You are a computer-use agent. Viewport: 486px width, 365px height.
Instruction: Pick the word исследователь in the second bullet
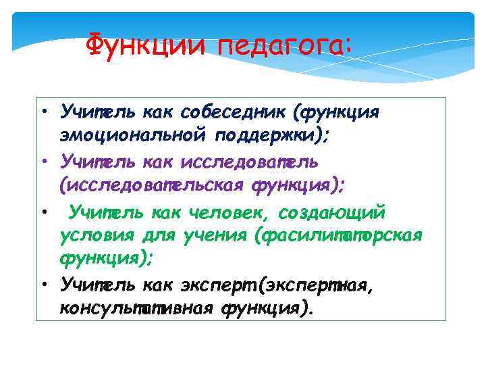250,162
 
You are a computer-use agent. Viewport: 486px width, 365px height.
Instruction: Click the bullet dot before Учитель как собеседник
42,111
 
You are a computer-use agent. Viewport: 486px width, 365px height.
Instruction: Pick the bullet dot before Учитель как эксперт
42,287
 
